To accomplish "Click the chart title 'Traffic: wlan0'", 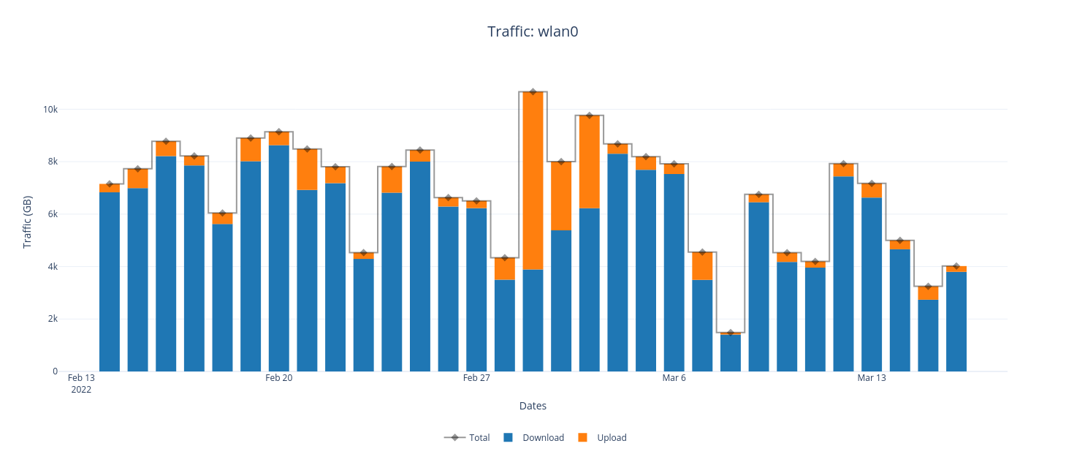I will tap(533, 31).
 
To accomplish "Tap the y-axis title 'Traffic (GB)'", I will tap(28, 222).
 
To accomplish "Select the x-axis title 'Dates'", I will tap(533, 406).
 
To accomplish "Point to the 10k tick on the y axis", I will tap(50, 110).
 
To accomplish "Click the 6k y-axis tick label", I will tap(52, 214).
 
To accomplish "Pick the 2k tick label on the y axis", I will tap(52, 319).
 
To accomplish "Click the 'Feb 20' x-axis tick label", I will tap(278, 378).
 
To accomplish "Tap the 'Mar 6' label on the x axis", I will tap(674, 378).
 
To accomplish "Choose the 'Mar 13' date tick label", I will tap(871, 378).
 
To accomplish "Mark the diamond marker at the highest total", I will tap(533, 92).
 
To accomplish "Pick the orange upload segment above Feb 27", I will tap(476, 205).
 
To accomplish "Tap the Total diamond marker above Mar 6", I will tap(674, 164).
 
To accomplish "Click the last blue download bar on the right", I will tap(956, 322).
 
